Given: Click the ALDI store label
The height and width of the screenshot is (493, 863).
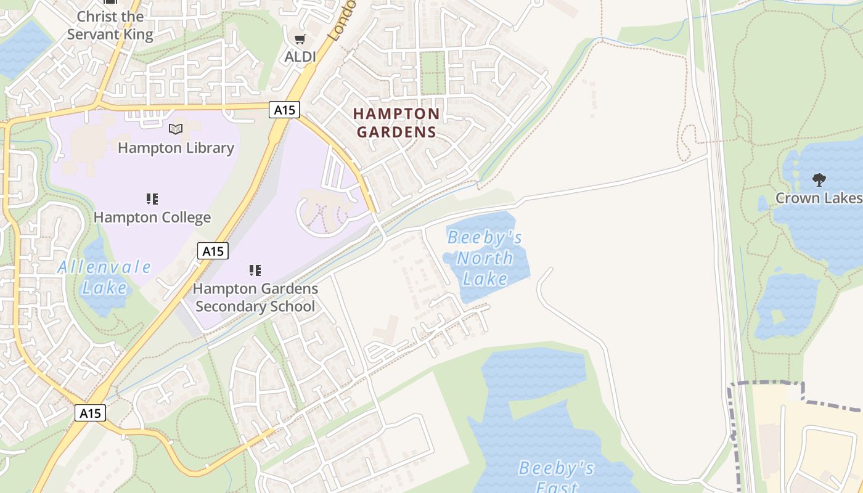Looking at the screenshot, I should coord(300,57).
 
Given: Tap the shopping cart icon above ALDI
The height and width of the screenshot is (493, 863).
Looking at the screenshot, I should coord(300,39).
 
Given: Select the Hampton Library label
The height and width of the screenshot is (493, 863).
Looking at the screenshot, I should coord(176,148).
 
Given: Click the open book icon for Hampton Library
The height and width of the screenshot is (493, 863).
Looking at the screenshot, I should coord(176,129).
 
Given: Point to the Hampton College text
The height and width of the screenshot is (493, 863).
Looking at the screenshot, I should coord(152,218).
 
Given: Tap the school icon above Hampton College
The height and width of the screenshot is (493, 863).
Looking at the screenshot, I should coord(152,198).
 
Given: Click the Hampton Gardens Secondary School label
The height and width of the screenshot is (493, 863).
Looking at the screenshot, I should coord(255,297).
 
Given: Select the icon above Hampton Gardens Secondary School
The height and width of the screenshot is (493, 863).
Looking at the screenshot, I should coord(255,270).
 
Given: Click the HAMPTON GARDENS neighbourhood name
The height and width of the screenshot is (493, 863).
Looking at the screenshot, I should coord(396,123).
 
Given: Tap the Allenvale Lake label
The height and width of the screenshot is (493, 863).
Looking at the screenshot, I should coord(104,277).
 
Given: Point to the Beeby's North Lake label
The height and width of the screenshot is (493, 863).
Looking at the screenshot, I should coord(485,258).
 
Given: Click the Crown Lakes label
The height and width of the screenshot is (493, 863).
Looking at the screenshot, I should coord(818,198).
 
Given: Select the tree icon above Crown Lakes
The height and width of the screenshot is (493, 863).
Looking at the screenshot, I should coord(819,180).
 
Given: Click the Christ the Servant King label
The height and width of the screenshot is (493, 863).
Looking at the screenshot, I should coord(110,25).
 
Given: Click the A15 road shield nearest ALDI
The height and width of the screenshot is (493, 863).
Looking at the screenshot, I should coord(284,110).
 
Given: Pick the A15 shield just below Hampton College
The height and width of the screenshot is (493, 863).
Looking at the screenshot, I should coord(213,251).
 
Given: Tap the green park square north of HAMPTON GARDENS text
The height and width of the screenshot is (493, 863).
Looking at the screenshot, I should coord(432,72).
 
